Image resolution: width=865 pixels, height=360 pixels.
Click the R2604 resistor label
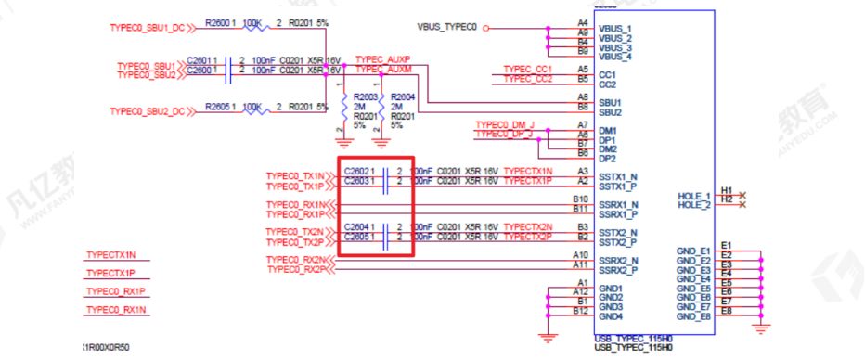(402, 96)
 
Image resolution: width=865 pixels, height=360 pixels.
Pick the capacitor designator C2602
(357, 172)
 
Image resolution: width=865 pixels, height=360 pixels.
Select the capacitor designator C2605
(357, 236)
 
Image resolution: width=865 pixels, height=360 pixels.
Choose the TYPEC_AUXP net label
(382, 58)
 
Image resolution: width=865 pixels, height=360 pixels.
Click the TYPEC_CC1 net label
(527, 69)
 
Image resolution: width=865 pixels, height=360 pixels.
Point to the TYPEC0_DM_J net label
(504, 124)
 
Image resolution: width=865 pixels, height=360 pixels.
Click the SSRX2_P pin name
(617, 270)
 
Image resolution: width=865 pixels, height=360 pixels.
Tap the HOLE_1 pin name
(693, 196)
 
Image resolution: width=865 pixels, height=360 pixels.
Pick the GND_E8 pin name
(692, 316)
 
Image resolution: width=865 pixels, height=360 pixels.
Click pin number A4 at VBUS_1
(582, 21)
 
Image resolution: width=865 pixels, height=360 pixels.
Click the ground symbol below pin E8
(762, 328)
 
